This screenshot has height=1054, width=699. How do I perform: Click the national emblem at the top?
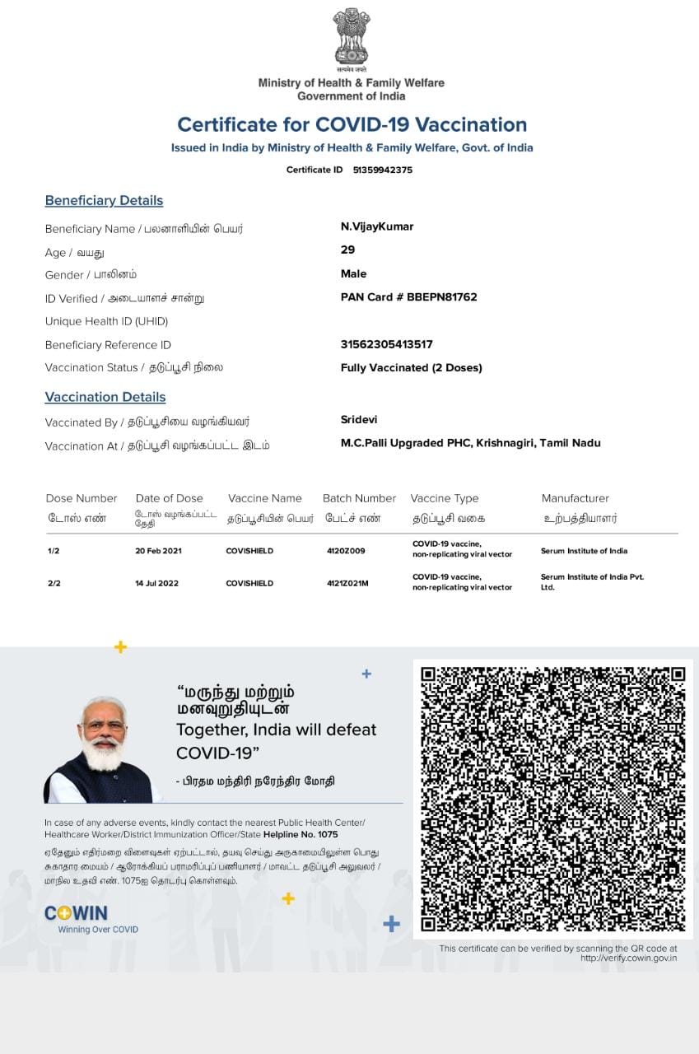coord(352,37)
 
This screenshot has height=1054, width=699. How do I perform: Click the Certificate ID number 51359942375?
coord(382,170)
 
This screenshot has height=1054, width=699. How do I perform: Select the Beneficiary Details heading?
coord(104,200)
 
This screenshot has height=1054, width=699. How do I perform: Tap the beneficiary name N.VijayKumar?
coord(377,226)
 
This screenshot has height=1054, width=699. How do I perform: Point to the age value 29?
coord(347,250)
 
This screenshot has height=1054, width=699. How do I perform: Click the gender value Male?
coord(353,273)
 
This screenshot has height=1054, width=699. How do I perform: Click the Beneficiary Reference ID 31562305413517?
coord(386,344)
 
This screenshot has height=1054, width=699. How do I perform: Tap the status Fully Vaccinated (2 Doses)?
coord(411,367)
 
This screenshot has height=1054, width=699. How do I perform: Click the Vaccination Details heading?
coord(105,397)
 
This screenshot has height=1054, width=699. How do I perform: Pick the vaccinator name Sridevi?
coord(359,419)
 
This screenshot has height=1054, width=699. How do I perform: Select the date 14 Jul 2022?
coord(156,583)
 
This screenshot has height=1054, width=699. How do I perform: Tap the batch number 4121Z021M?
coord(347,583)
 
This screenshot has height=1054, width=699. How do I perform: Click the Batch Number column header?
coord(359,498)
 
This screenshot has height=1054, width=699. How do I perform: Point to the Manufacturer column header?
coord(575,498)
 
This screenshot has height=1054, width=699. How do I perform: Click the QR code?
coord(552,799)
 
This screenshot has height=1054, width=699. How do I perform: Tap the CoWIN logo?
coord(77,913)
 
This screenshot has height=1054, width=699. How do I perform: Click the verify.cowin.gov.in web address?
coord(628,958)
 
